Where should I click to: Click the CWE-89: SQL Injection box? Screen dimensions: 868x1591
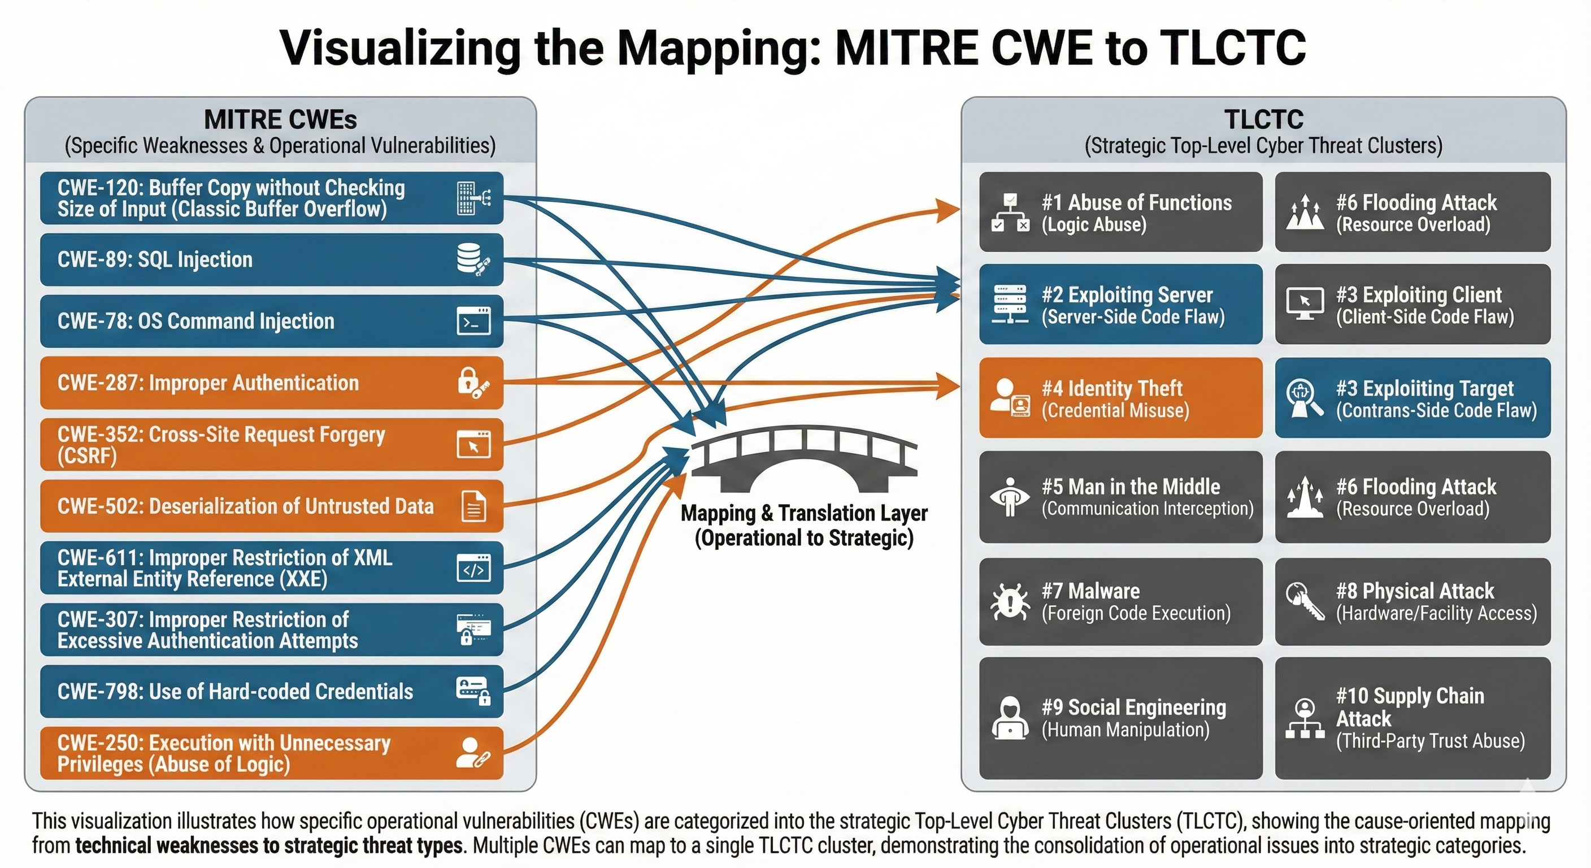point(272,259)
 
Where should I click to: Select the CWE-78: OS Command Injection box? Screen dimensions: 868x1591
point(272,321)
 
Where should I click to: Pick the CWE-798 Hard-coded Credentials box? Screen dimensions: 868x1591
point(272,691)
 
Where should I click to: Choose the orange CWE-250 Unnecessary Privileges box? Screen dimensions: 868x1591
point(272,753)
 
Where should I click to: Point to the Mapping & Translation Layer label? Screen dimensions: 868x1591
point(803,525)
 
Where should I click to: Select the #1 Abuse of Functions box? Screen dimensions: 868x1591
point(1120,212)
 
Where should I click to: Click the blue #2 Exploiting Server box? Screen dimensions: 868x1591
point(1120,305)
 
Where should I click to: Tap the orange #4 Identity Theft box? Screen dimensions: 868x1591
point(1120,398)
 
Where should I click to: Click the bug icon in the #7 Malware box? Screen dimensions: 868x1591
point(1009,602)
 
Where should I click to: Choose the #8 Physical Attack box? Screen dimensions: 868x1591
point(1412,602)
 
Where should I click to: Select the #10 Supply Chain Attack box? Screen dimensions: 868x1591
point(1412,718)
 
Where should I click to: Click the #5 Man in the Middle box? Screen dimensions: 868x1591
point(1120,497)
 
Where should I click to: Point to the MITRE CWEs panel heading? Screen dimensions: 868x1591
point(280,120)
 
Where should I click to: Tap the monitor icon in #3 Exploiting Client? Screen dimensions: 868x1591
point(1305,303)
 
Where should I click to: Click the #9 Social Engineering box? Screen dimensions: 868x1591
point(1120,718)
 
